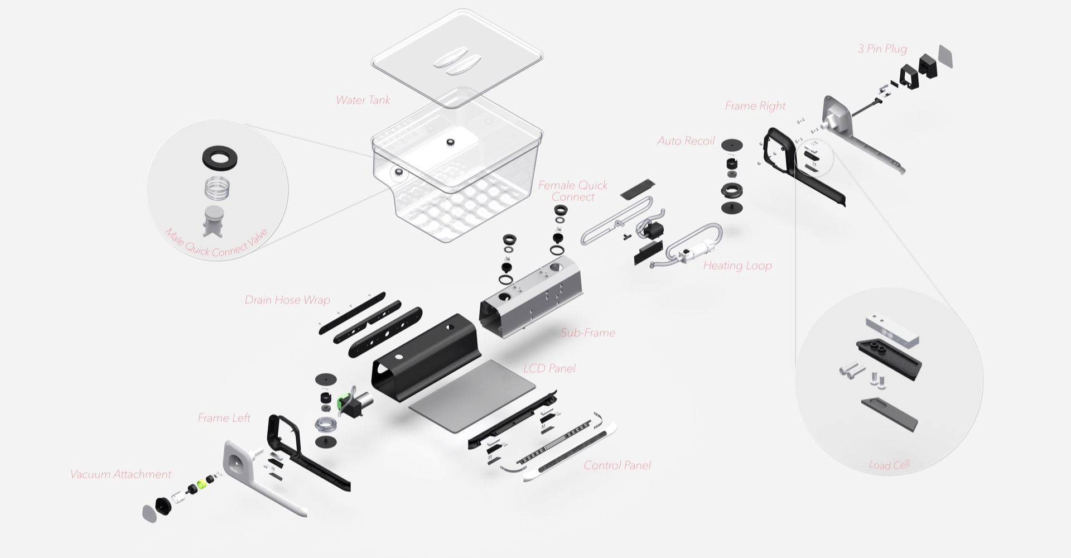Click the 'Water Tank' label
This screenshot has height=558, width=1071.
coord(363,100)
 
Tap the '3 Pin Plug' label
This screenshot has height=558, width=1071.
coord(882,49)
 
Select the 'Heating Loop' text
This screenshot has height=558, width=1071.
coord(737,266)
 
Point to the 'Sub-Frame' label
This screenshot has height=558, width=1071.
coord(587,333)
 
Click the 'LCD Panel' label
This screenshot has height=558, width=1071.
coord(549,368)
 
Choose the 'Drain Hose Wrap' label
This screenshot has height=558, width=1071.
coord(287,300)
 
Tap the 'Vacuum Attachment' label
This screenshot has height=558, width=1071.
coord(120,474)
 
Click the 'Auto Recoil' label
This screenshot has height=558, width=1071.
coord(686,141)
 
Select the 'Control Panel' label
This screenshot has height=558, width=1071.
coord(617,465)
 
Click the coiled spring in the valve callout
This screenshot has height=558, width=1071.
coord(218,189)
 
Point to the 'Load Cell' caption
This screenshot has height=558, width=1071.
coord(889,464)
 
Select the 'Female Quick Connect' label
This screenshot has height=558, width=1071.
coord(573,191)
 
